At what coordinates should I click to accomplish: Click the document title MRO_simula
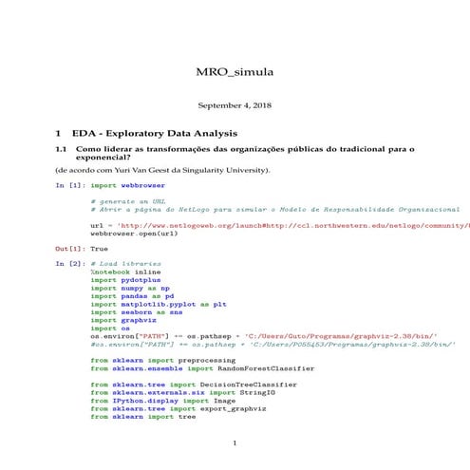(234, 72)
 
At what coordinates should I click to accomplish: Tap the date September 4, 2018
(234, 105)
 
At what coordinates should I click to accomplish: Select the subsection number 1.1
(62, 149)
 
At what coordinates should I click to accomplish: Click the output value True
(99, 248)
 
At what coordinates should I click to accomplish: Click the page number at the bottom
(234, 443)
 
